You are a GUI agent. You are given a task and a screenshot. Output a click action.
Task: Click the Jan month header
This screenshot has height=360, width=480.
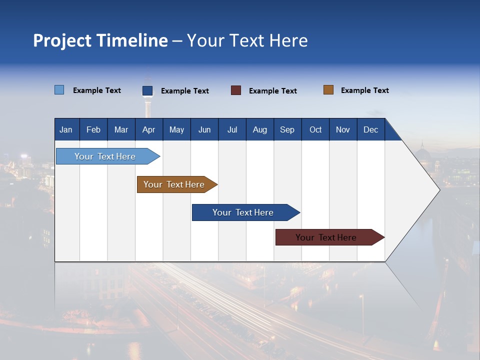pyautogui.click(x=66, y=129)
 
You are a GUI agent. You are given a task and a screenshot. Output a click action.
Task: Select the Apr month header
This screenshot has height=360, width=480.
pyautogui.click(x=149, y=129)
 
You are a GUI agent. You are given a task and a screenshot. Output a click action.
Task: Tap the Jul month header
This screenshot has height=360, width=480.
pyautogui.click(x=232, y=129)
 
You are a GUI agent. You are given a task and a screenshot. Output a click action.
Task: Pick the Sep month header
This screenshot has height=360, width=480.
pyautogui.click(x=287, y=129)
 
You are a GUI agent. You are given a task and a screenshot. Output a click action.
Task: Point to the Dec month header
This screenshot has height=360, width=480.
pyautogui.click(x=370, y=129)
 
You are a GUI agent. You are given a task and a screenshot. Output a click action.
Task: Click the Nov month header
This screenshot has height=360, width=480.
pyautogui.click(x=342, y=129)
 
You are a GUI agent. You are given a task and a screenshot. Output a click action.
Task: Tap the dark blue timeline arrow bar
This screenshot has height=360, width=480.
pyautogui.click(x=243, y=212)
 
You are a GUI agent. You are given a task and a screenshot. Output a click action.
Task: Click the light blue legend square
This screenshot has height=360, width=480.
pyautogui.click(x=59, y=90)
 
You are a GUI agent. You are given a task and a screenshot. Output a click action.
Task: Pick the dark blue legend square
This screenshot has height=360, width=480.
pyautogui.click(x=147, y=90)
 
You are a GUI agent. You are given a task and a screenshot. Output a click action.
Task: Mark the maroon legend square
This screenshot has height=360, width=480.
pyautogui.click(x=236, y=90)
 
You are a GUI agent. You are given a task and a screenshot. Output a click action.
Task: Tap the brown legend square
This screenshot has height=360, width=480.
pyautogui.click(x=328, y=90)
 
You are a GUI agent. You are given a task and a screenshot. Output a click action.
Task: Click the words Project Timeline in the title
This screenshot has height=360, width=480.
pyautogui.click(x=100, y=40)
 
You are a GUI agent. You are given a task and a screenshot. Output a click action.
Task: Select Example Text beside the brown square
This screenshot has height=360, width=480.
pyautogui.click(x=364, y=90)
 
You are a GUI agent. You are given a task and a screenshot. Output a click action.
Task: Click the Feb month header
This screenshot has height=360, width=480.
pyautogui.click(x=93, y=129)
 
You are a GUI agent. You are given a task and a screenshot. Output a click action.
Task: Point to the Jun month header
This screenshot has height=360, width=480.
pyautogui.click(x=204, y=129)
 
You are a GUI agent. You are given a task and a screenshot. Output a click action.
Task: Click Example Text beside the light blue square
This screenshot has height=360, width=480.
pyautogui.click(x=96, y=90)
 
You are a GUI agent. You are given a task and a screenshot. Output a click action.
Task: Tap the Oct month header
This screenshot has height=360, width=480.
pyautogui.click(x=315, y=129)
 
